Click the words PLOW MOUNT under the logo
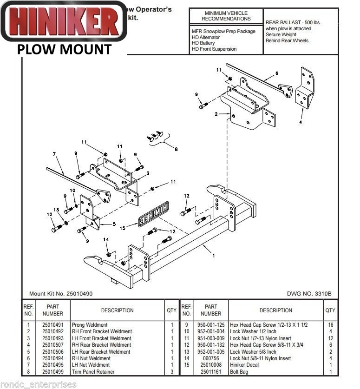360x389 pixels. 65,49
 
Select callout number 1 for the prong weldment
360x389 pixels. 213,256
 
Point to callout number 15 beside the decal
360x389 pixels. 123,228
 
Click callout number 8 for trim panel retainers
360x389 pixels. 176,149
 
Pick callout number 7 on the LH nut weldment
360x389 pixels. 54,154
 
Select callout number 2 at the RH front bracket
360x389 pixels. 216,114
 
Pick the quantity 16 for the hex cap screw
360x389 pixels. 330,325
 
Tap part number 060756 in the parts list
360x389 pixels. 210,358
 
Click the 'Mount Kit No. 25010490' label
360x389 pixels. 60,294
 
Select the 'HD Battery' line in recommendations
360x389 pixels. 204,43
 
